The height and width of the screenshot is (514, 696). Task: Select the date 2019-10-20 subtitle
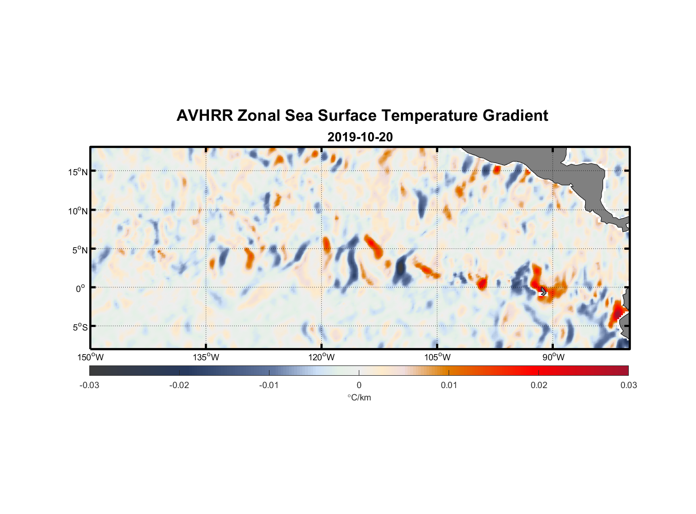(360, 137)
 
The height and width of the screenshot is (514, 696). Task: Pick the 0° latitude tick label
(81, 288)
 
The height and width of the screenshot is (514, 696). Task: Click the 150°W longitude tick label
(91, 357)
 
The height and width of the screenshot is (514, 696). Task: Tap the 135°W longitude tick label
(206, 357)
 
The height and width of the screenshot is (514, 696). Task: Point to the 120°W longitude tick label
(322, 357)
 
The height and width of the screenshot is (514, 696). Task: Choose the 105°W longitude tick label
(437, 357)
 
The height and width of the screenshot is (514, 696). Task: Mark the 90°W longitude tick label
(553, 357)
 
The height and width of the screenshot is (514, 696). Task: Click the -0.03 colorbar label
(89, 385)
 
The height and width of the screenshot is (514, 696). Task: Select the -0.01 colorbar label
(269, 385)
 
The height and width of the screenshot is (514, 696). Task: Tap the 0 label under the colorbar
(359, 385)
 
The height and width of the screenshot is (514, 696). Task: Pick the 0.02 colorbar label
(539, 385)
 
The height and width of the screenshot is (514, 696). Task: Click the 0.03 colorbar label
(628, 385)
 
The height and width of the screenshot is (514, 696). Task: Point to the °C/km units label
(359, 397)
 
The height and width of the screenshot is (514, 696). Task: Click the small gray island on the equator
(544, 291)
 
